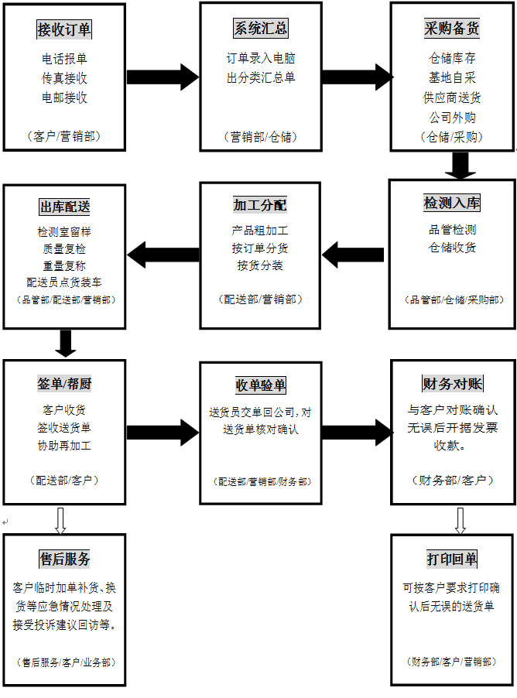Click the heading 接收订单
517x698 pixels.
pyautogui.click(x=64, y=30)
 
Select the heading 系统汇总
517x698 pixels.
pyautogui.click(x=261, y=29)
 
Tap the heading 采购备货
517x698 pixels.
pyautogui.click(x=452, y=29)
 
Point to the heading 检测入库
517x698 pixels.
pyautogui.click(x=452, y=204)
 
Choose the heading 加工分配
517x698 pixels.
pyautogui.click(x=260, y=205)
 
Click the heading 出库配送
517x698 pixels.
pyautogui.click(x=65, y=207)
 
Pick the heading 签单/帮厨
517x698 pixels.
pyautogui.click(x=65, y=384)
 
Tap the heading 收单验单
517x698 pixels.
pyautogui.click(x=260, y=385)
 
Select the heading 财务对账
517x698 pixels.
pyautogui.click(x=452, y=384)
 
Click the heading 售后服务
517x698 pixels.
pyautogui.click(x=65, y=559)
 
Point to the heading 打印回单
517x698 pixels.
pyautogui.click(x=452, y=559)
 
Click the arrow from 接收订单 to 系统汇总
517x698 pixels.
pyautogui.click(x=163, y=77)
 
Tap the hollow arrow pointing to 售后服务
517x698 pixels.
pyautogui.click(x=60, y=520)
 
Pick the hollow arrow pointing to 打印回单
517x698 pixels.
pyautogui.click(x=460, y=520)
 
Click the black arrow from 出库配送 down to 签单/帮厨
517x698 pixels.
pyautogui.click(x=66, y=343)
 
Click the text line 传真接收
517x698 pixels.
pyautogui.click(x=65, y=78)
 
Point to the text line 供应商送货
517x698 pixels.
pyautogui.click(x=452, y=98)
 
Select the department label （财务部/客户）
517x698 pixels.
pyautogui.click(x=452, y=481)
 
